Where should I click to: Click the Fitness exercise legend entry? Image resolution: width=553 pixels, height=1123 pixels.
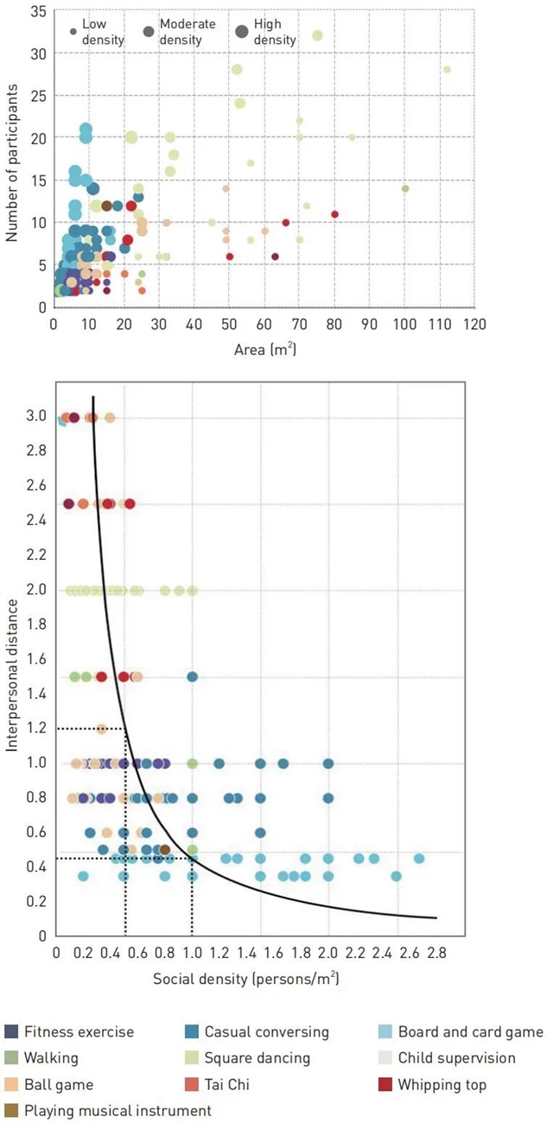click(79, 1032)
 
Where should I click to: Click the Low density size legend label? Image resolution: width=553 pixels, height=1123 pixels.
click(103, 32)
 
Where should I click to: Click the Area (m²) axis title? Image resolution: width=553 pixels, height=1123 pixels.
click(264, 351)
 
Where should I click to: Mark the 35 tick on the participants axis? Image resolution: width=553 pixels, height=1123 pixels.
click(37, 11)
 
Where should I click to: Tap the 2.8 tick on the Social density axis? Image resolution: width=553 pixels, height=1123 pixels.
click(436, 954)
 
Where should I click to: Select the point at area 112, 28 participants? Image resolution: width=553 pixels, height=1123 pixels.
click(447, 69)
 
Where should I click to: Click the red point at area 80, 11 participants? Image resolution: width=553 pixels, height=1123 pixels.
click(334, 213)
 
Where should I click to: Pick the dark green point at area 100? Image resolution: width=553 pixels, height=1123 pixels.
click(404, 188)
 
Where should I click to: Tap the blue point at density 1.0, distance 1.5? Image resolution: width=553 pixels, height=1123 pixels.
click(193, 676)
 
